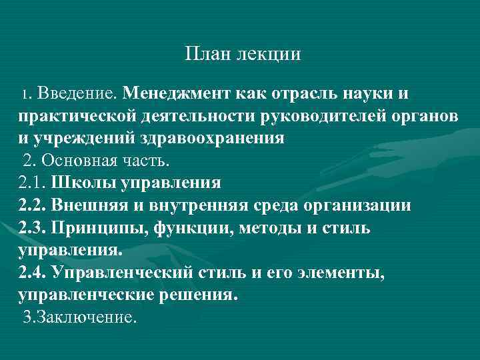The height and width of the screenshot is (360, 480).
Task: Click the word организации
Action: (361, 205)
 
